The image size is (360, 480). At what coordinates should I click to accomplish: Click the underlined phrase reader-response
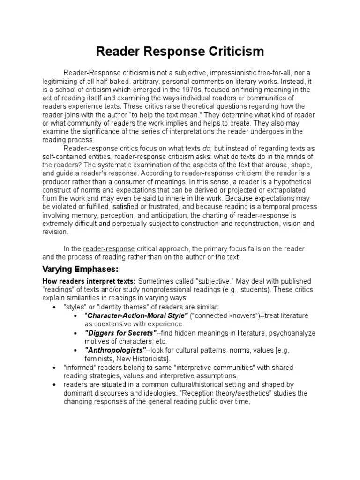(x=109, y=248)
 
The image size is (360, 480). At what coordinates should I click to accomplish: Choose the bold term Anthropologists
(x=115, y=350)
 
